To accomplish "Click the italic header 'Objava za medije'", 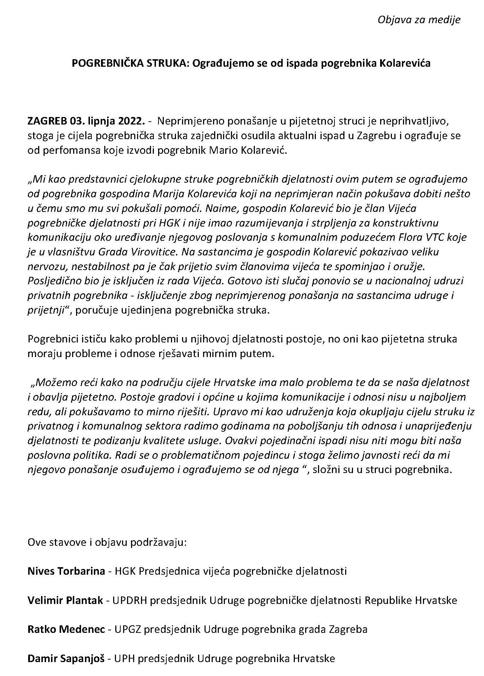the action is tap(419, 20).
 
